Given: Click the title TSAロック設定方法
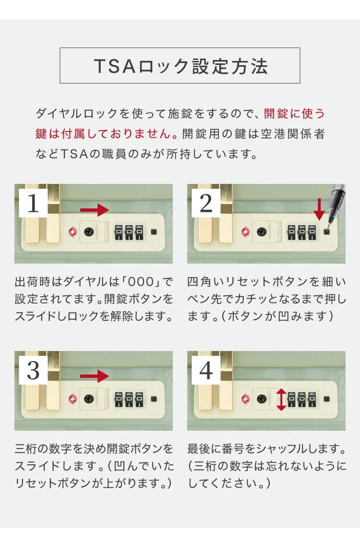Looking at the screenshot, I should pos(180,66).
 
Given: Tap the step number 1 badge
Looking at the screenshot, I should pos(33,204).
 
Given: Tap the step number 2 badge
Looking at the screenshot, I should pos(206,204).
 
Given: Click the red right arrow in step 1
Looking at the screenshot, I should pos(95,210).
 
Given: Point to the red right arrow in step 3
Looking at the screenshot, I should pos(95,376).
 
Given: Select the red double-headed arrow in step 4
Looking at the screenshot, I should pos(281,400).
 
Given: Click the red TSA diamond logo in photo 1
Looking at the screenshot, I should pos(72,232).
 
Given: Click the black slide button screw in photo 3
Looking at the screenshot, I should pos(88,399).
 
